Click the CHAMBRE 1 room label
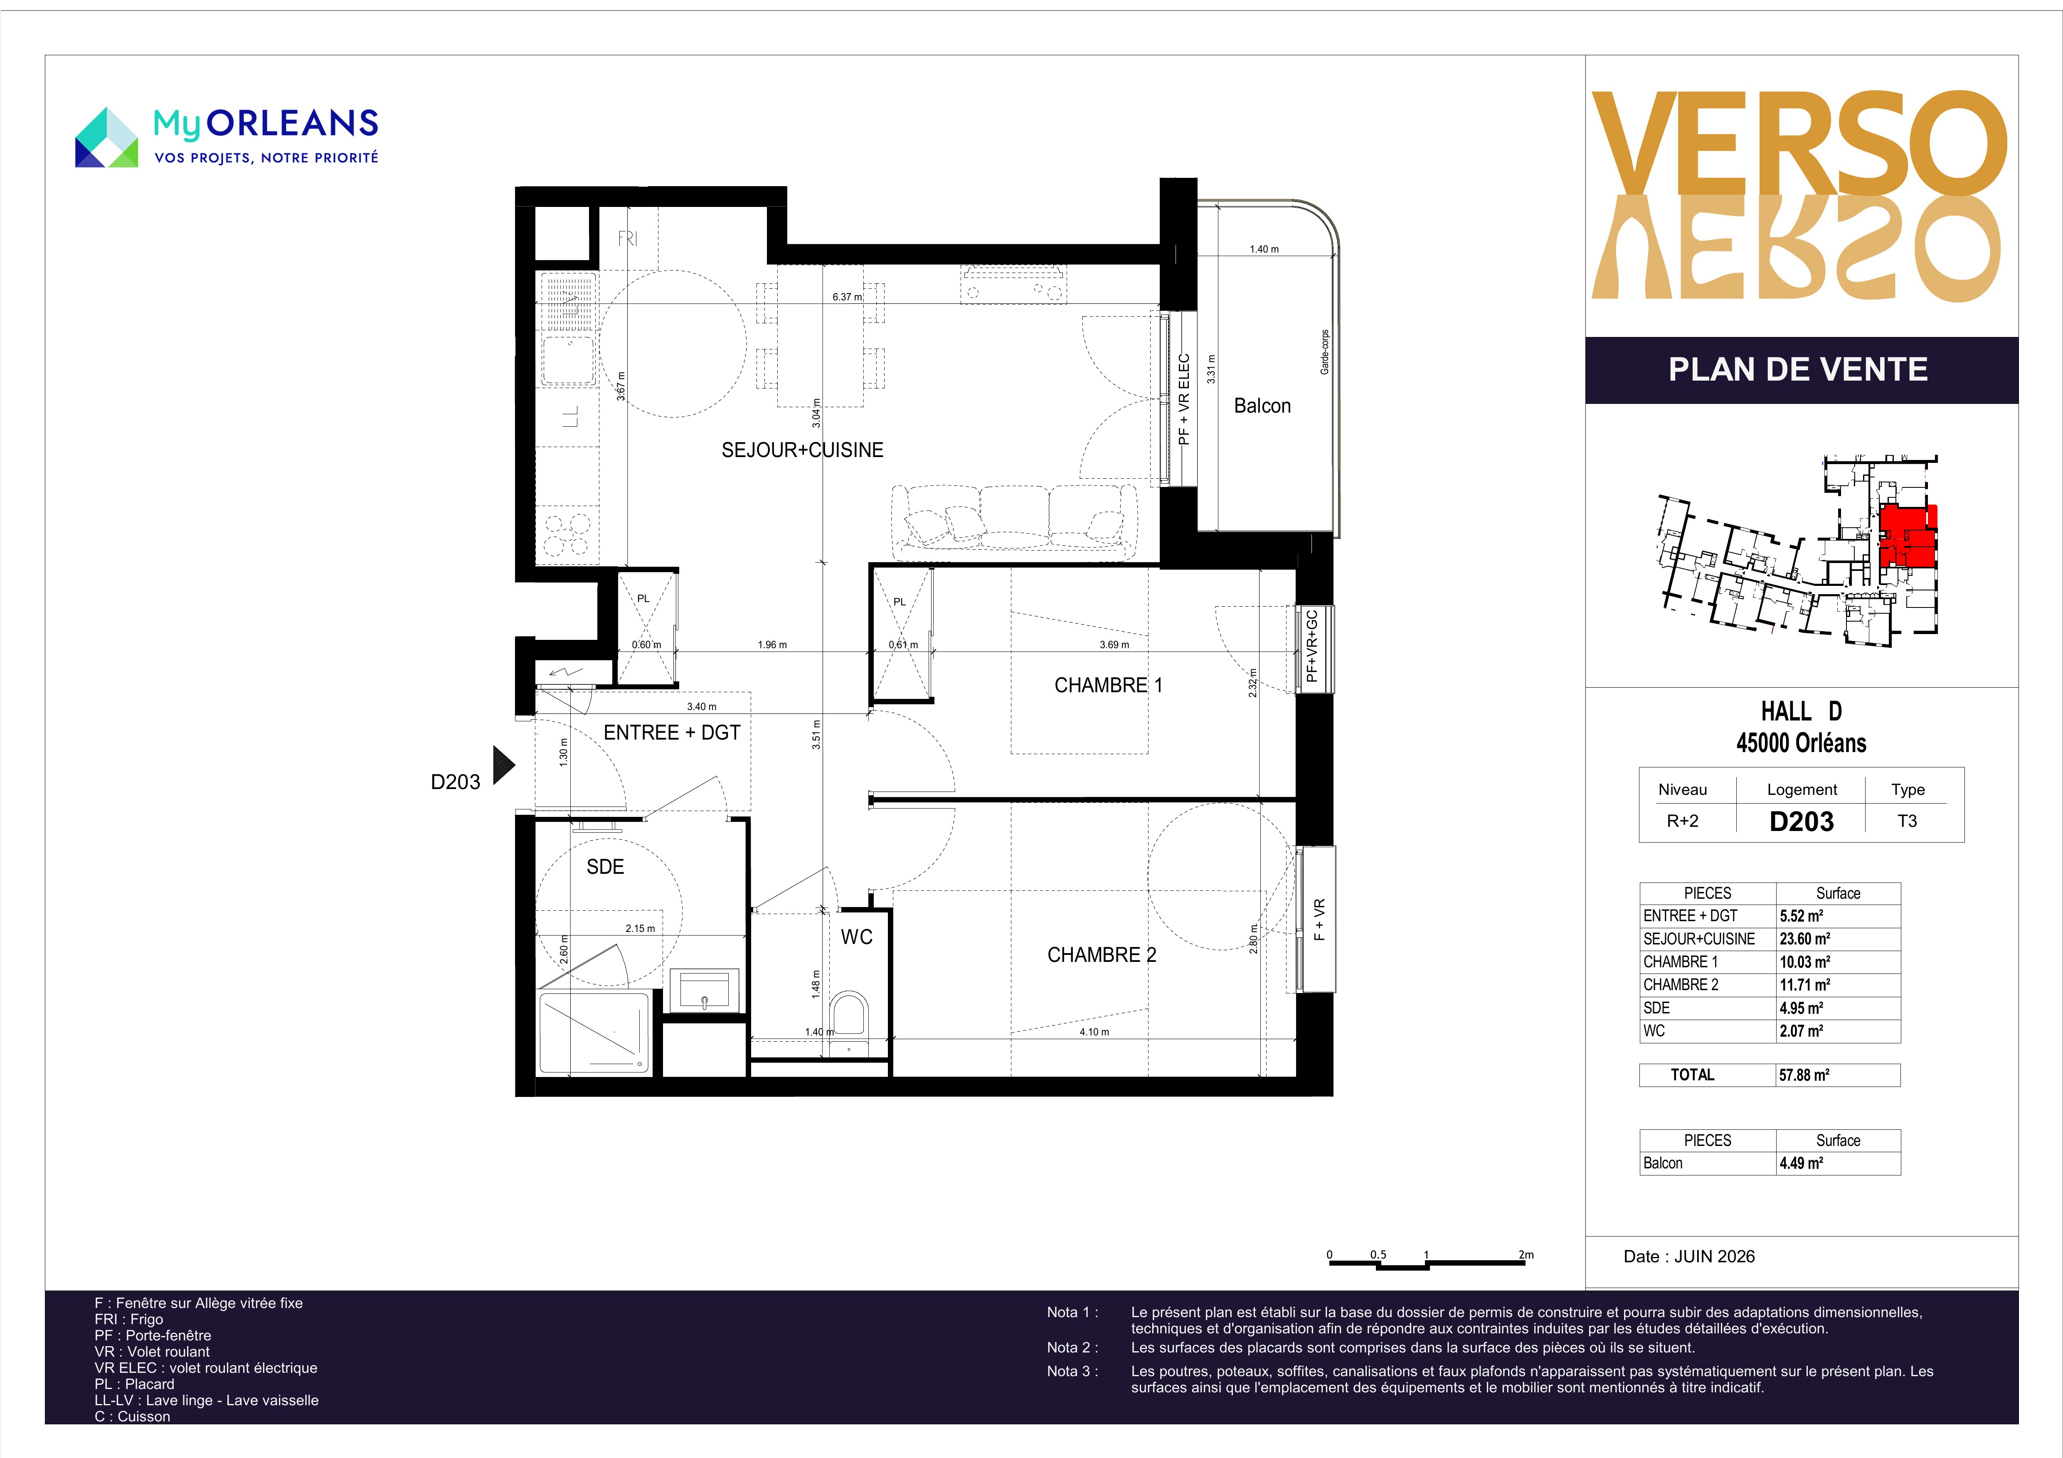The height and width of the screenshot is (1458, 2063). pyautogui.click(x=1108, y=686)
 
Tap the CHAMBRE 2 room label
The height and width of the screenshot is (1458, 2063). pyautogui.click(x=1102, y=955)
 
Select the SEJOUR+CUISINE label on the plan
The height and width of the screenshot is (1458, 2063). pyautogui.click(x=802, y=450)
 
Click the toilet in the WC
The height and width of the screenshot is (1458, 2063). pyautogui.click(x=848, y=1021)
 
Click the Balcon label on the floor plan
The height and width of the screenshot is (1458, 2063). pyautogui.click(x=1262, y=406)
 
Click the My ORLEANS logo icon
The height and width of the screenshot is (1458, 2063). pyautogui.click(x=106, y=138)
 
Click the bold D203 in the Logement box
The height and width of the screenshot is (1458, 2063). pyautogui.click(x=1802, y=821)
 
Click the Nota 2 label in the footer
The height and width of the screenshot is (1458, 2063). pyautogui.click(x=1072, y=1347)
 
